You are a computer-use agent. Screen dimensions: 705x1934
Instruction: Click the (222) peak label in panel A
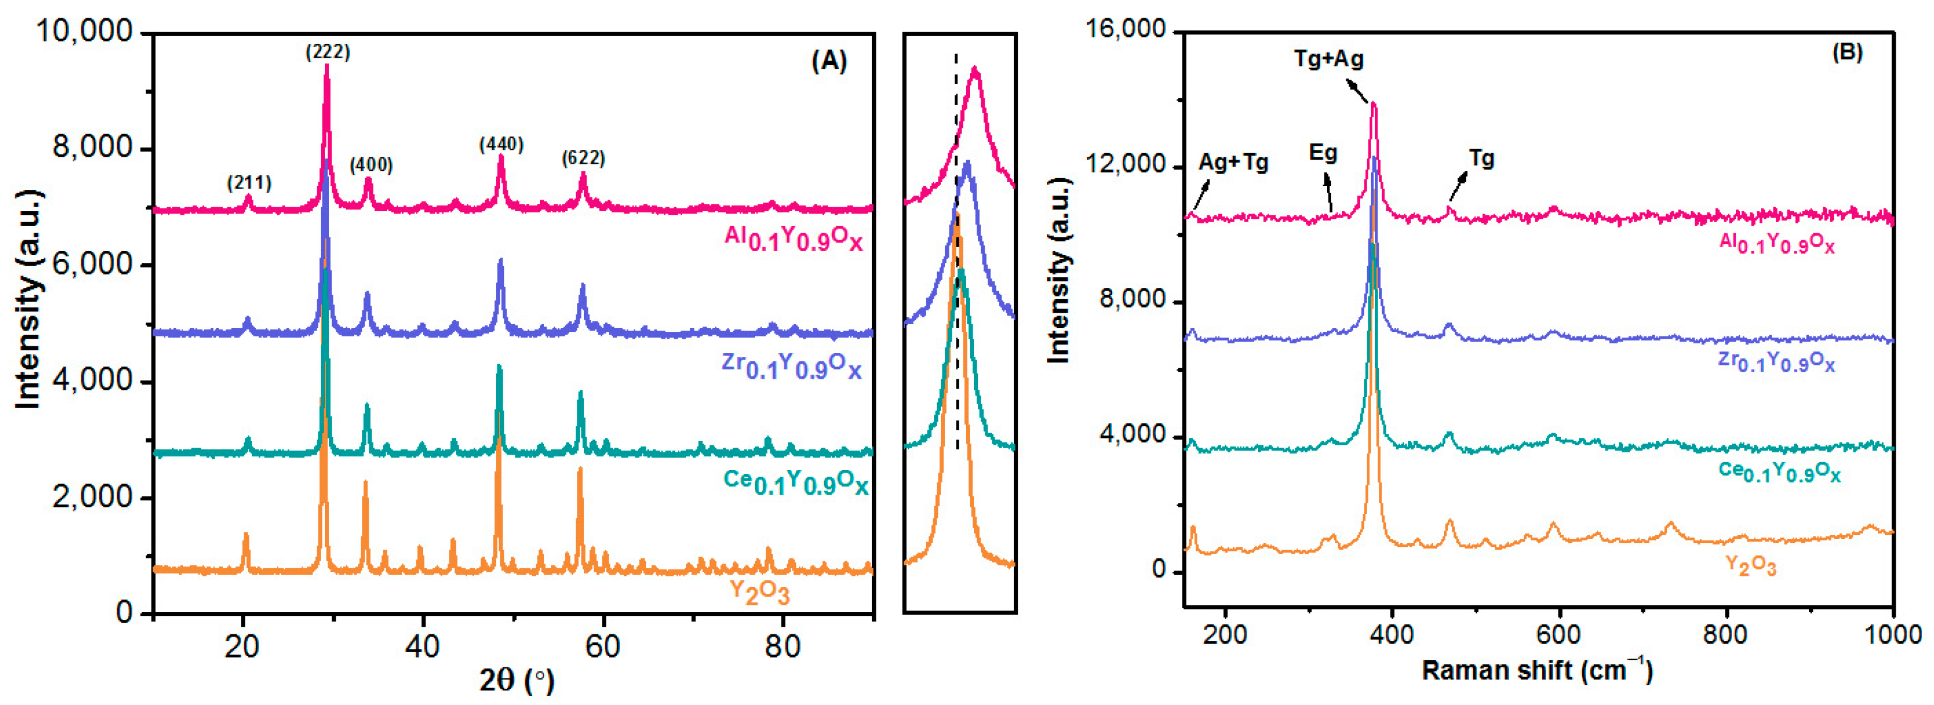click(327, 52)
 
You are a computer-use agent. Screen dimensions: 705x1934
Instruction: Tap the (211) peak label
click(249, 183)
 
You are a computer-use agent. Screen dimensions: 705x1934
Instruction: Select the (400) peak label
click(371, 164)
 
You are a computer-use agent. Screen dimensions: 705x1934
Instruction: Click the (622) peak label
click(584, 158)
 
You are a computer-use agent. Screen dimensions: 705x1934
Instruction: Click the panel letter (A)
click(829, 60)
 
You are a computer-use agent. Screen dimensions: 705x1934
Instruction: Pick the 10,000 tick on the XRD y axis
click(84, 32)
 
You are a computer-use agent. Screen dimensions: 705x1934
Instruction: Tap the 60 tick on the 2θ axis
click(602, 646)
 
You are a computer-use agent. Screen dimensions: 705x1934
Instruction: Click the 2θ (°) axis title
click(516, 680)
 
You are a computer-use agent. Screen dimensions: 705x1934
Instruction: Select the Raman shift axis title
click(1537, 670)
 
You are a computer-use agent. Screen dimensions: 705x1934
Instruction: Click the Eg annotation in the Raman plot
click(1323, 153)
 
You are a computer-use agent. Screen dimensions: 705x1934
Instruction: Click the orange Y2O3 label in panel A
click(759, 593)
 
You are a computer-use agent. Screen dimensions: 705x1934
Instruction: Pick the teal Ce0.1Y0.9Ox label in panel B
click(1779, 472)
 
